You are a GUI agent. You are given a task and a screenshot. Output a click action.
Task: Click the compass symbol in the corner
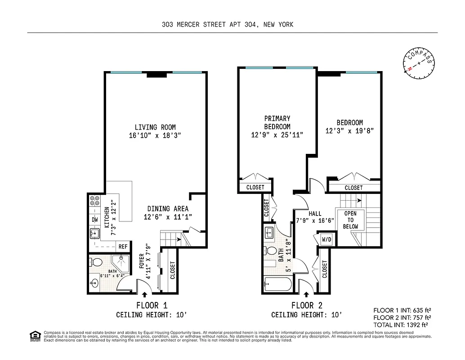point(420,63)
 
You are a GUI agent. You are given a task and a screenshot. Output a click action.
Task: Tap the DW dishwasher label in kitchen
point(95,220)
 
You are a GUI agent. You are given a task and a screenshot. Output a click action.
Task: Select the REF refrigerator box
point(122,247)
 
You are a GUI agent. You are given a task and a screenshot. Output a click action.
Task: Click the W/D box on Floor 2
point(326,239)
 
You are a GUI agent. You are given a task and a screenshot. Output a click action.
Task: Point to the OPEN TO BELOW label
point(350,220)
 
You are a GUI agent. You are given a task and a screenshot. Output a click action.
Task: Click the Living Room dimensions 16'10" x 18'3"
point(155,135)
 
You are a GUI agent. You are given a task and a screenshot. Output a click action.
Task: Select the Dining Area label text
point(168,209)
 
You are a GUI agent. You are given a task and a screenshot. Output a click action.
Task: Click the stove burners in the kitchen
point(95,201)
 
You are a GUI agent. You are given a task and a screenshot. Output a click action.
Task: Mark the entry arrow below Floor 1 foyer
point(145,295)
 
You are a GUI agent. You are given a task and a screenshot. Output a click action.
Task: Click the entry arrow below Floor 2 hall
point(307,295)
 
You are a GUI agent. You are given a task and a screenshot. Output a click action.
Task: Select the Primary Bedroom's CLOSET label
point(255,187)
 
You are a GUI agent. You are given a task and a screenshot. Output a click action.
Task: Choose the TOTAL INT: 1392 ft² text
point(400,324)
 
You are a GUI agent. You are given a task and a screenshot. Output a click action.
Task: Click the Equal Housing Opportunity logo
point(34,335)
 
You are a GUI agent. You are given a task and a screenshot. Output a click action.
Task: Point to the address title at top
point(228,25)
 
